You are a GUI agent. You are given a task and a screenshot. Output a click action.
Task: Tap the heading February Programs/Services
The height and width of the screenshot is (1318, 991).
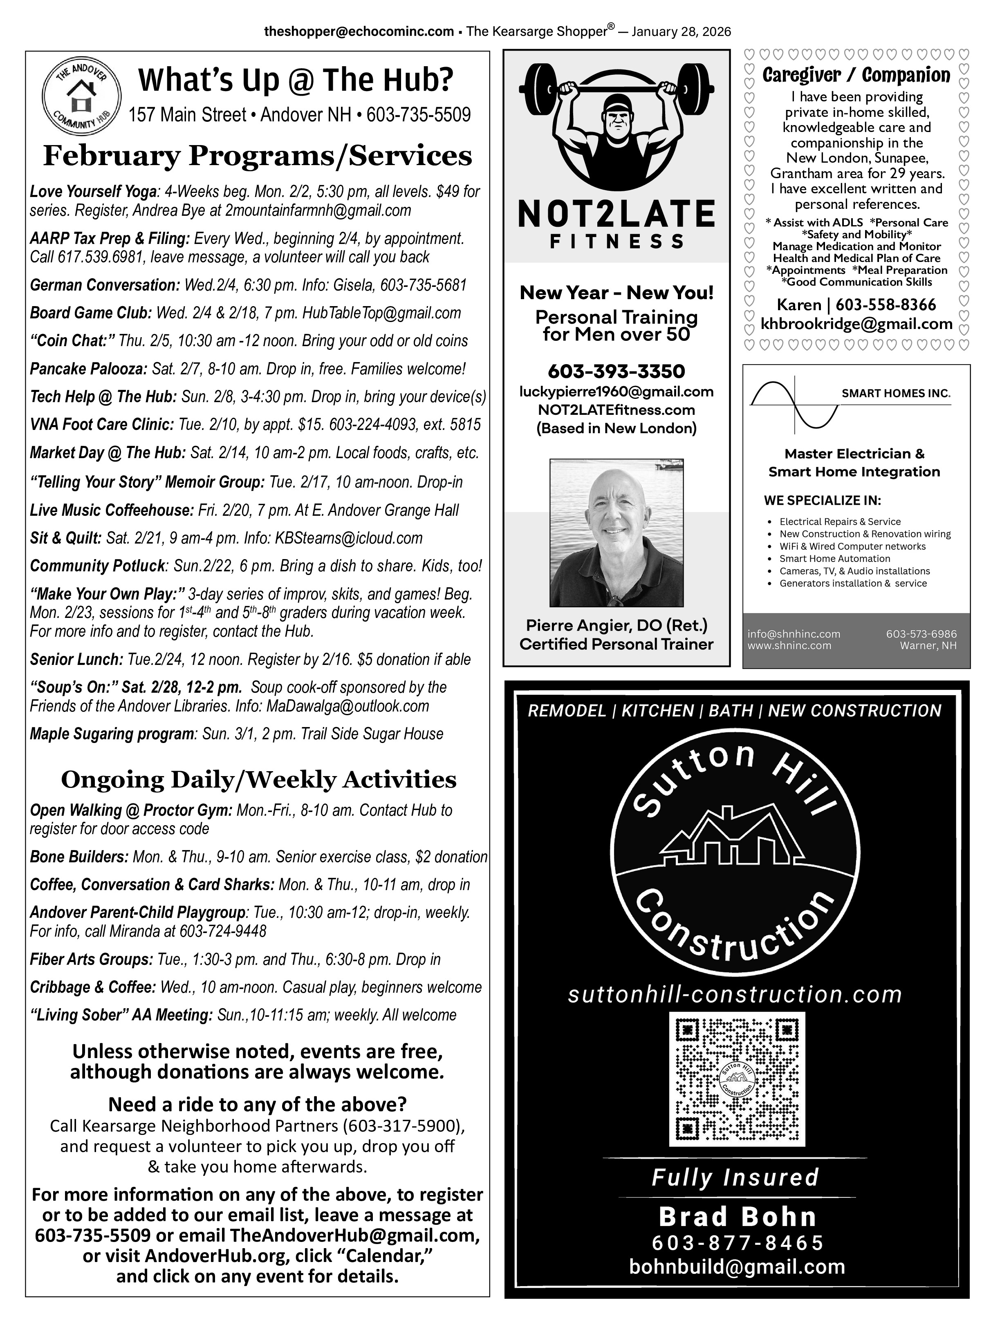click(258, 156)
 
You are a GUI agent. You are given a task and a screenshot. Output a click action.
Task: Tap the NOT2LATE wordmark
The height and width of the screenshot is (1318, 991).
click(616, 215)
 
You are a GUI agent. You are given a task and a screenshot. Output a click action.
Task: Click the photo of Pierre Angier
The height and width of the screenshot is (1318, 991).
click(616, 533)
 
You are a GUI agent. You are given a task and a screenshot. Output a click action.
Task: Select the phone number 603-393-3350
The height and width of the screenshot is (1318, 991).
click(616, 371)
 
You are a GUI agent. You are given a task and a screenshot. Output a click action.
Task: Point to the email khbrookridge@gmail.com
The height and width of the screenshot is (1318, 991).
click(856, 324)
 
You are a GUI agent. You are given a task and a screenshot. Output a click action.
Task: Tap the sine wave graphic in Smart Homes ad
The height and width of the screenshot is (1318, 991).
click(795, 405)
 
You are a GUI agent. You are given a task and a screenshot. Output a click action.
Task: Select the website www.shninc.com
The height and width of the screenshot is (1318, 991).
click(789, 645)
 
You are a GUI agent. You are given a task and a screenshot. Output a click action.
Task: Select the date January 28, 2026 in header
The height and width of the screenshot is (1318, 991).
click(681, 31)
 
